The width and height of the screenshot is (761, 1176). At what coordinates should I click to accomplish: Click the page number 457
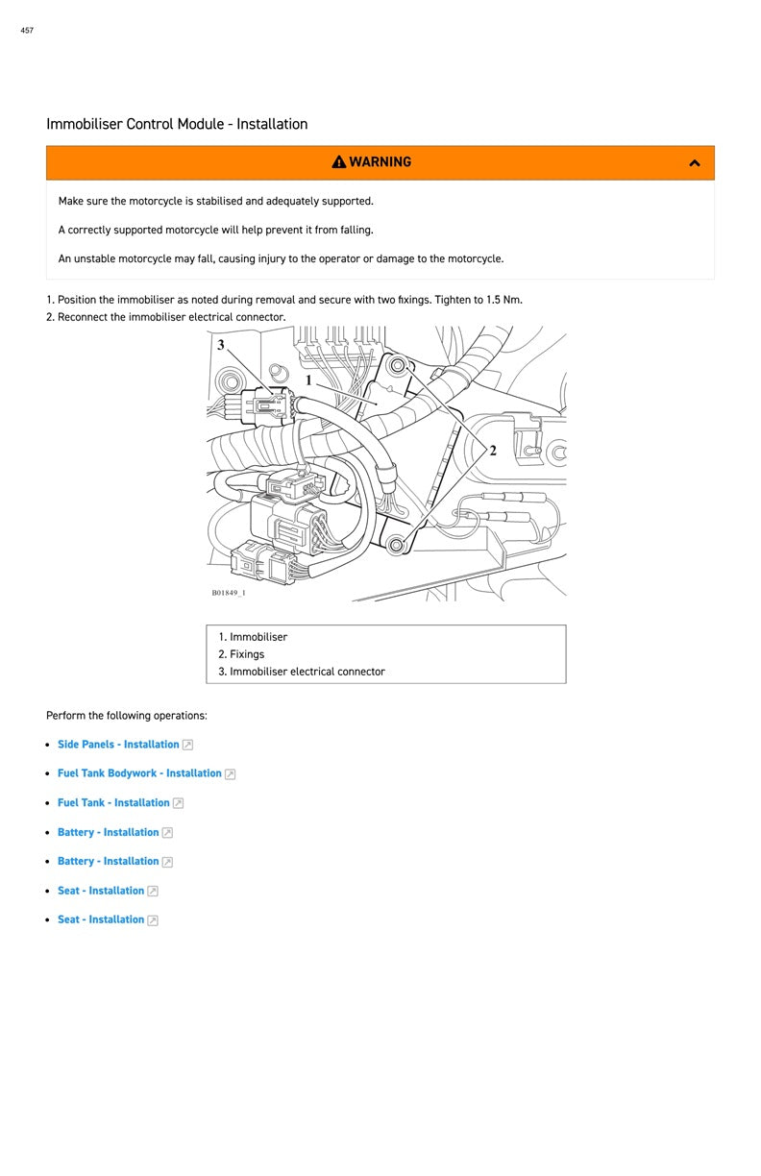[x=27, y=31]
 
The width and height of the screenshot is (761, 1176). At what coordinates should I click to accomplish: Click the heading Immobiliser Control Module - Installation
[x=177, y=124]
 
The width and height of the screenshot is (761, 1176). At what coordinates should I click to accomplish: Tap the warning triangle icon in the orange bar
[x=339, y=162]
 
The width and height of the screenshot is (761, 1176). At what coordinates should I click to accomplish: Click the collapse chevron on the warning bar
[x=695, y=163]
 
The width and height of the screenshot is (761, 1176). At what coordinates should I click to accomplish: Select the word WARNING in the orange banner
[x=380, y=162]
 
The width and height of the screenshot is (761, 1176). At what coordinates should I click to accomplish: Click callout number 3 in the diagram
[x=221, y=345]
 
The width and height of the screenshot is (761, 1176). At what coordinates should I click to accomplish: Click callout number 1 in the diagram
[x=308, y=380]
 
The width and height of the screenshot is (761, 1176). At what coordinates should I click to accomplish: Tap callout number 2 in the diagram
[x=493, y=451]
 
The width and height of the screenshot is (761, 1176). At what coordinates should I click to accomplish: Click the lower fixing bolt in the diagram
[x=394, y=546]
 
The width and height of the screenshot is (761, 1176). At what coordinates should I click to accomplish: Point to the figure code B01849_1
[x=229, y=593]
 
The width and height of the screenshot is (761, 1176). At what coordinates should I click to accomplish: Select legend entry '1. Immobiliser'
[x=253, y=637]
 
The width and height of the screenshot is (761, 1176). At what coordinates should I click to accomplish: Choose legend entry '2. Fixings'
[x=241, y=654]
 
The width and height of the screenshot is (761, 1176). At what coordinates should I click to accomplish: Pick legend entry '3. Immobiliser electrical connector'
[x=302, y=672]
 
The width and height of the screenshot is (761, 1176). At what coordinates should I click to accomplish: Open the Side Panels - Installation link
[x=118, y=745]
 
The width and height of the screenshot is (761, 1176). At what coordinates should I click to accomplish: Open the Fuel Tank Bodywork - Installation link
[x=139, y=773]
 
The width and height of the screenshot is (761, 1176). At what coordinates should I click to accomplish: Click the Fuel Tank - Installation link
[x=113, y=803]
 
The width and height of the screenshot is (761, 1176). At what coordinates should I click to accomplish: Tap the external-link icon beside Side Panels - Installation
[x=187, y=745]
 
